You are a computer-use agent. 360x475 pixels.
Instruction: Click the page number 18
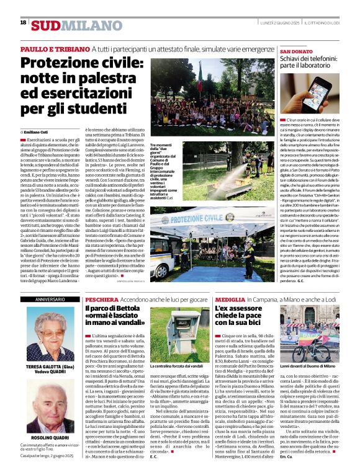23,23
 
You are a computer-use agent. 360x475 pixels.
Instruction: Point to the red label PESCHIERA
100,299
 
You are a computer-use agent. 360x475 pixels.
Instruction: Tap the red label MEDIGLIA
230,299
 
